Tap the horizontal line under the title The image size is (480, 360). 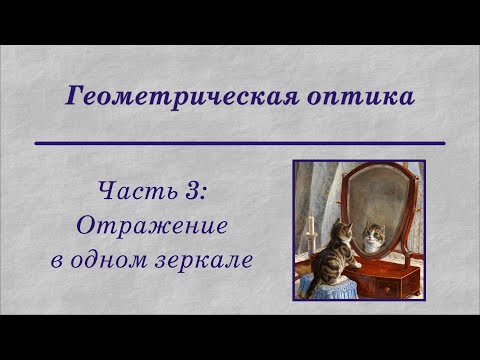239,144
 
